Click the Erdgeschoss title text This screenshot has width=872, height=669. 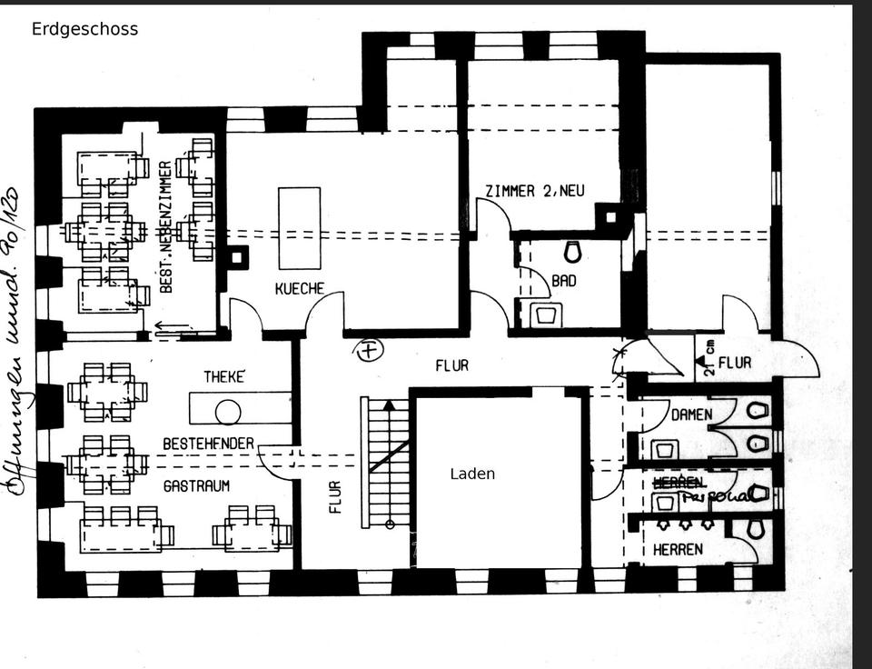tap(84, 29)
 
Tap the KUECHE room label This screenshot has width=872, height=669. tap(300, 288)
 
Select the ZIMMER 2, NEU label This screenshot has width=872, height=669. tap(535, 191)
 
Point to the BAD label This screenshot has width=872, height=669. tap(564, 281)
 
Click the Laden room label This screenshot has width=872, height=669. tap(472, 474)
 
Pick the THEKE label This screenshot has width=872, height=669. tap(224, 376)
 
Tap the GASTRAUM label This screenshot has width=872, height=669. tap(196, 486)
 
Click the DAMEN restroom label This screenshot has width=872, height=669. tap(691, 414)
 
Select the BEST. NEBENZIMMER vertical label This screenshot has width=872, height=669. tap(166, 226)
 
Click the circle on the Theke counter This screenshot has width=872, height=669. tap(228, 413)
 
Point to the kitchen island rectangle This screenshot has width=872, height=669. tap(299, 228)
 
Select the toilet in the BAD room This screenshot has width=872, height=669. tap(572, 250)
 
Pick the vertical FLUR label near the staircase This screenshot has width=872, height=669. tap(335, 496)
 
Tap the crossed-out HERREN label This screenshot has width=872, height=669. tap(672, 482)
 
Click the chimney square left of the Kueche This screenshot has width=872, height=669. tap(238, 257)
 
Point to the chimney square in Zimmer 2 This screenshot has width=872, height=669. tap(609, 216)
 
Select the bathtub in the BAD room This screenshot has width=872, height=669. tap(546, 315)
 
